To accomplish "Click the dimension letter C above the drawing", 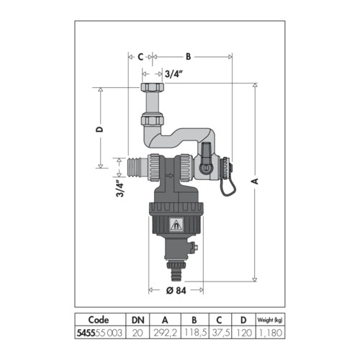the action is (x=140, y=57).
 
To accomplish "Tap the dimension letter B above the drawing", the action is (x=189, y=57).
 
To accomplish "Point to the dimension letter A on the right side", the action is (x=256, y=181).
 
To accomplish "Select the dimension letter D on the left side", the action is (x=99, y=130).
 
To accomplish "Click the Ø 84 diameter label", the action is (x=176, y=291).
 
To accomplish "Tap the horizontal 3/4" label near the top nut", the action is (x=174, y=74).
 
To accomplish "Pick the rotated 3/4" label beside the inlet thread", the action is (x=120, y=189).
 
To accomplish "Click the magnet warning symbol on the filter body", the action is (x=176, y=225).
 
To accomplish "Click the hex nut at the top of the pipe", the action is (x=153, y=87).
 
